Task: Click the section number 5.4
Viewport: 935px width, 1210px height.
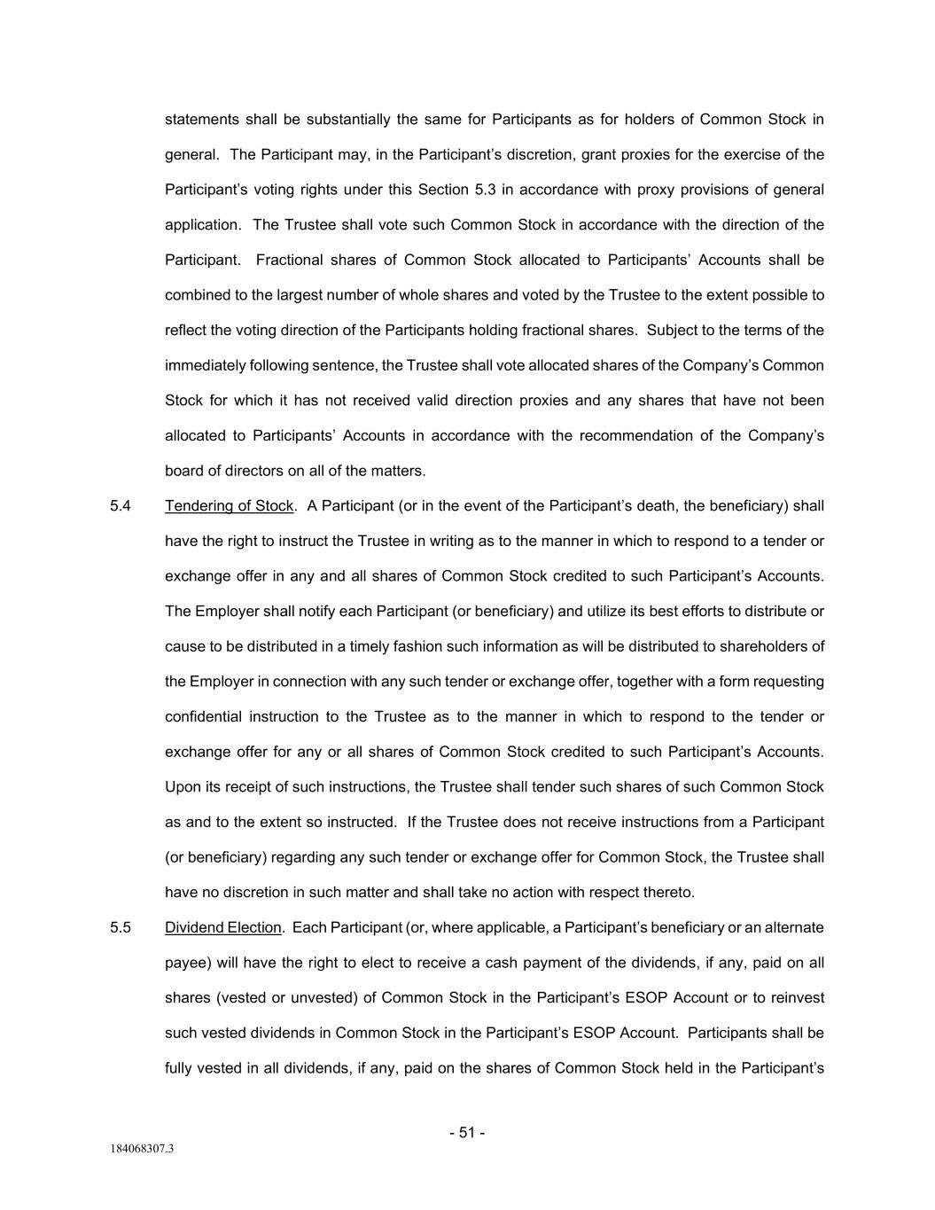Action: pos(121,506)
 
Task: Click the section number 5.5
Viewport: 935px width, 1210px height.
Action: pos(121,928)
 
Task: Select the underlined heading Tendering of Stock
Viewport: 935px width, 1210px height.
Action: pos(229,506)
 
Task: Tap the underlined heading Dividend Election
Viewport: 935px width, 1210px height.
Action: pos(223,928)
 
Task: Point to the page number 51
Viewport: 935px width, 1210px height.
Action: pos(467,1133)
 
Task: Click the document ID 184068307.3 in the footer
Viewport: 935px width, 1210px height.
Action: pos(142,1150)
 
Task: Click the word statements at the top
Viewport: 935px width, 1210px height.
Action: pos(202,120)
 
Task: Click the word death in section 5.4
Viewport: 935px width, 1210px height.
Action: pos(660,506)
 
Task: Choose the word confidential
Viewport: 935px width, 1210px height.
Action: pos(203,716)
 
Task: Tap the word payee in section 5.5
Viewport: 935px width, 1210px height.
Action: pos(185,963)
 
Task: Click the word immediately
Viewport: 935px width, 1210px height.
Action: pos(206,365)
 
